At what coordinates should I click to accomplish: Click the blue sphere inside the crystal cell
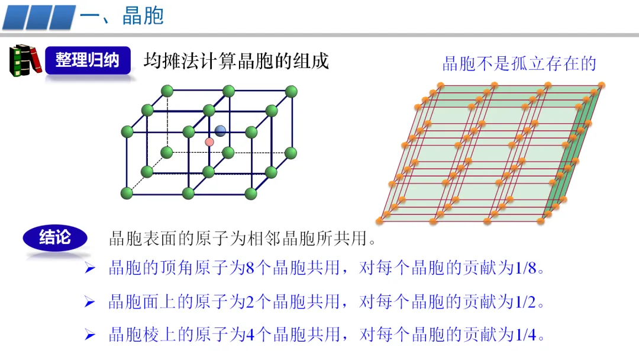click(221, 131)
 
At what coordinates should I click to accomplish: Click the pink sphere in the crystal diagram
click(209, 142)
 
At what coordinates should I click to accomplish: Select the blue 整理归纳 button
click(88, 60)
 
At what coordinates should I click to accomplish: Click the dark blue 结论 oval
click(55, 237)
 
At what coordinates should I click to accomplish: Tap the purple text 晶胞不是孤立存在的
click(519, 63)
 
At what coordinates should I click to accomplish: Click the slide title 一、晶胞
click(121, 16)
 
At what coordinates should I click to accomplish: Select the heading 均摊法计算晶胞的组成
click(235, 60)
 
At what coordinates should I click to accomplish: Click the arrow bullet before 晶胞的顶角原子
click(90, 269)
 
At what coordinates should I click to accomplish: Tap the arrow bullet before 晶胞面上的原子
click(90, 303)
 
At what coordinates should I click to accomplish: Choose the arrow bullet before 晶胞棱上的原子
click(90, 336)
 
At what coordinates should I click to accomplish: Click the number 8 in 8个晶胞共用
click(249, 268)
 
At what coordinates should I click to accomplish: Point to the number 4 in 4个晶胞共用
click(249, 335)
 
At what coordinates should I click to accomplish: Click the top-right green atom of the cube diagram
click(291, 91)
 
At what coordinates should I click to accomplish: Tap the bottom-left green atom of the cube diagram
click(126, 192)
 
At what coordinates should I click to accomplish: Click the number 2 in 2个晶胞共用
click(249, 302)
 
